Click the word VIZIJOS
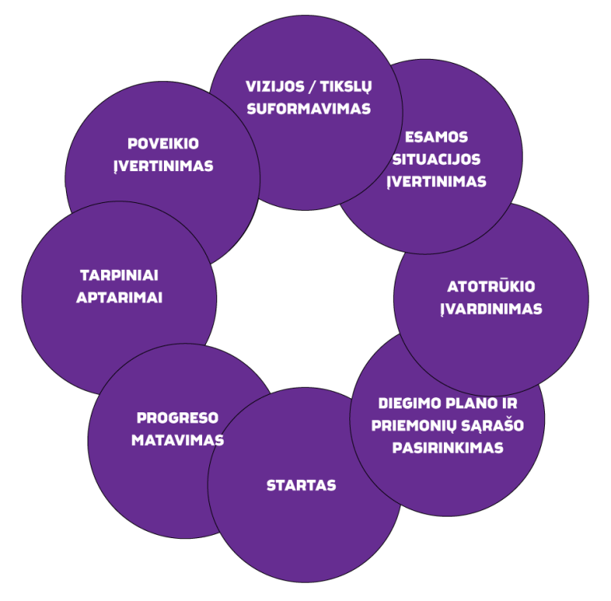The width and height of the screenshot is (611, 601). [274, 87]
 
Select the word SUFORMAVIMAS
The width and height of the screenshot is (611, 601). [309, 109]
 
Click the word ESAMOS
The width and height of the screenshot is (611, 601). [437, 137]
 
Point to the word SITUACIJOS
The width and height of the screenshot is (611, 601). [437, 159]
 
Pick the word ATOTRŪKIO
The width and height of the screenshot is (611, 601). [491, 286]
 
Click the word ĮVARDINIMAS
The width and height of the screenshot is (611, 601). [491, 309]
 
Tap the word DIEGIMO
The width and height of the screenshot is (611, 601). [407, 404]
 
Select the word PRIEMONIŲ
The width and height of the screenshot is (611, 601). [414, 426]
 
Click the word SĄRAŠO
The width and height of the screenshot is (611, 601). [492, 426]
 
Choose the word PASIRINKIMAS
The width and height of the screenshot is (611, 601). [448, 447]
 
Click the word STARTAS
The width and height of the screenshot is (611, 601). [302, 486]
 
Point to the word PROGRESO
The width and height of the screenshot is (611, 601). [177, 418]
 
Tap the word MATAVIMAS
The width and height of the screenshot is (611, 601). [177, 440]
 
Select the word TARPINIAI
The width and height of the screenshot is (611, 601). [119, 275]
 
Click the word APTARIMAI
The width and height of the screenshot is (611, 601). [119, 298]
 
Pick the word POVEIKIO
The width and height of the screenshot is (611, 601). [163, 144]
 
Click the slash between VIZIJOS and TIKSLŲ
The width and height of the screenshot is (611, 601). [312, 88]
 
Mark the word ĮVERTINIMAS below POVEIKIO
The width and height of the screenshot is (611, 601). [163, 166]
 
